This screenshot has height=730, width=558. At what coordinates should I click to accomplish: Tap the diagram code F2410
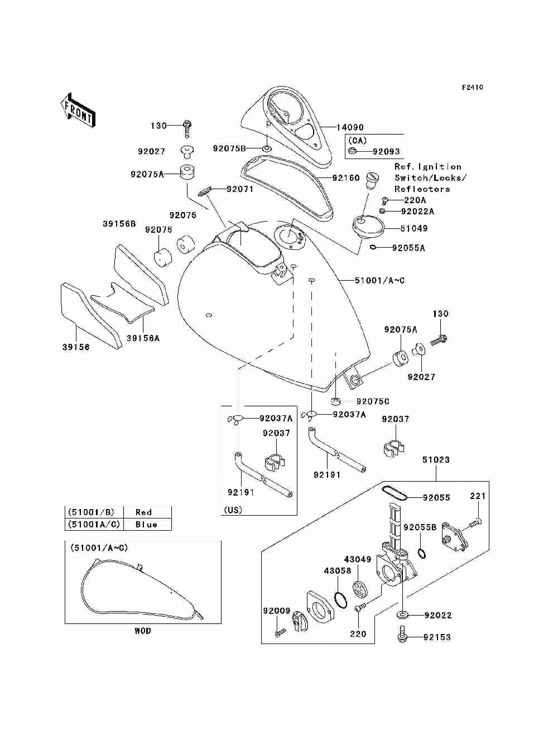click(472, 88)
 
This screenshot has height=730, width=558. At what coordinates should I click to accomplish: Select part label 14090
click(349, 127)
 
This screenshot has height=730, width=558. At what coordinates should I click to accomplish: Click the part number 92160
click(346, 178)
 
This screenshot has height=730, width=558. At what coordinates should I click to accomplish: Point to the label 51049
click(413, 228)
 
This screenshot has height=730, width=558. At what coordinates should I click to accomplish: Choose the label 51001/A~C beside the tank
click(379, 280)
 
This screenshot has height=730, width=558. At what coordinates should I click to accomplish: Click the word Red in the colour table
click(143, 512)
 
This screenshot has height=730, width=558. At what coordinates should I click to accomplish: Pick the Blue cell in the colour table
click(146, 525)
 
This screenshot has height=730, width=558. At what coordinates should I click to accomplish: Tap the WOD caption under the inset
click(143, 631)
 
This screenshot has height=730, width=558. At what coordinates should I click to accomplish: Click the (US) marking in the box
click(233, 510)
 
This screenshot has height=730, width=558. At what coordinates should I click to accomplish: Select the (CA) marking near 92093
click(358, 141)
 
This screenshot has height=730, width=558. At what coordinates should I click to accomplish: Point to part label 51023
click(436, 460)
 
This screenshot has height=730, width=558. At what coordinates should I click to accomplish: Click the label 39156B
click(119, 224)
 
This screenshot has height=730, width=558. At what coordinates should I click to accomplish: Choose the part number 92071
click(240, 189)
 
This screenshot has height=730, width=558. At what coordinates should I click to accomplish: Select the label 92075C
click(373, 401)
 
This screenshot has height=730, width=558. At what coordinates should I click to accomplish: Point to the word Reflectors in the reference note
click(422, 189)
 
